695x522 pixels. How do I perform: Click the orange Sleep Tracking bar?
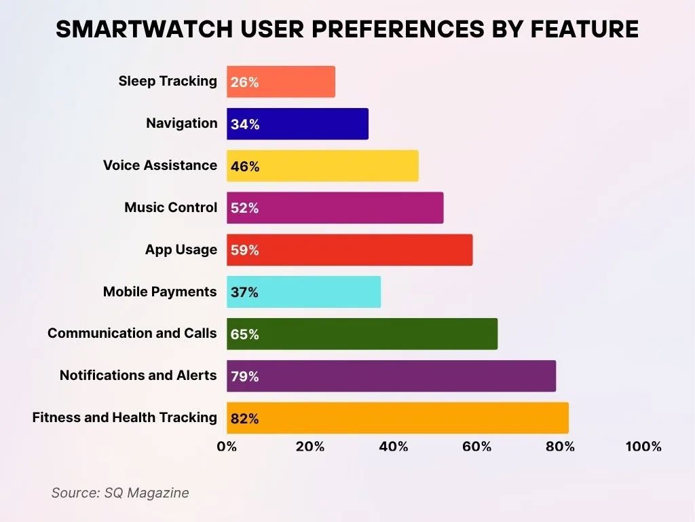pyautogui.click(x=281, y=82)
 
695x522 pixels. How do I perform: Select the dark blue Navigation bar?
pyautogui.click(x=297, y=124)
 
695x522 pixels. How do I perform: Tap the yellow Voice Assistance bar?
pyautogui.click(x=322, y=166)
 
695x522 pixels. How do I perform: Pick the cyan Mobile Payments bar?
pyautogui.click(x=303, y=292)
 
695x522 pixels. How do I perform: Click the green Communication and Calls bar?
pyautogui.click(x=362, y=334)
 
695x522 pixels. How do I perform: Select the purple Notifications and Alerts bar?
pyautogui.click(x=391, y=377)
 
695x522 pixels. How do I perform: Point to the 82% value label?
pyautogui.click(x=244, y=419)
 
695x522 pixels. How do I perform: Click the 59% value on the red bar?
pyautogui.click(x=244, y=250)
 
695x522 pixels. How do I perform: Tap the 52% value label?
pyautogui.click(x=244, y=208)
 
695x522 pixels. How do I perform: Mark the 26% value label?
pyautogui.click(x=244, y=82)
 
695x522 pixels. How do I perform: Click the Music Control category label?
pyautogui.click(x=171, y=207)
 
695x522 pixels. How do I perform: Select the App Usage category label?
pyautogui.click(x=181, y=249)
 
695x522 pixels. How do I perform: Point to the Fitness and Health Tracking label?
pyautogui.click(x=125, y=417)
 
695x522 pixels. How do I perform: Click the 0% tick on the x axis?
pyautogui.click(x=227, y=447)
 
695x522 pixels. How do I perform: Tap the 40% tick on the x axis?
pyautogui.click(x=394, y=447)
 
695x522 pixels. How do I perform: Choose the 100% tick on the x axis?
pyautogui.click(x=643, y=447)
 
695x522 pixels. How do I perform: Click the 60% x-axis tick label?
pyautogui.click(x=477, y=447)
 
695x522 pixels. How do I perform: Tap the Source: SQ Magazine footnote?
pyautogui.click(x=120, y=493)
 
